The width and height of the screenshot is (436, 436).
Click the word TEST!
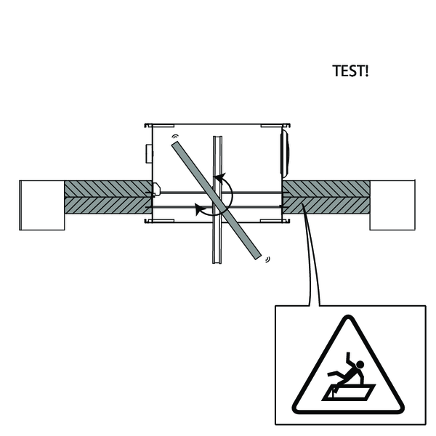(350, 70)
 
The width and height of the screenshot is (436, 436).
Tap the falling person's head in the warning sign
(360, 365)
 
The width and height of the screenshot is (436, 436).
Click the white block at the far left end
(42, 205)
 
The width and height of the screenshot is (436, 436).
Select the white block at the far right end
(392, 205)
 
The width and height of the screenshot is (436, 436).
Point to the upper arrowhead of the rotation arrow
(219, 178)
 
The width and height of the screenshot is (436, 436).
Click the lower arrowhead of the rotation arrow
(201, 209)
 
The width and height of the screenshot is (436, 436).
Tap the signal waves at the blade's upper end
(175, 137)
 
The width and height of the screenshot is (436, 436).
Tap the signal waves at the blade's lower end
(267, 259)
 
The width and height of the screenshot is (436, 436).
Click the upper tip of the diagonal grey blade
(174, 144)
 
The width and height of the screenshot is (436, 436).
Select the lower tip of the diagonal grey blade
(259, 257)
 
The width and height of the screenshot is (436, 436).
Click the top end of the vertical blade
(217, 137)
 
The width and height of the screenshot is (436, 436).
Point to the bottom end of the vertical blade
(217, 262)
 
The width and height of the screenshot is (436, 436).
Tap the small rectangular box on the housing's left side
(149, 154)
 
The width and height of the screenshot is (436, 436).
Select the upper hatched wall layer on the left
(108, 189)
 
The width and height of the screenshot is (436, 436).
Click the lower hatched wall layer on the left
(108, 206)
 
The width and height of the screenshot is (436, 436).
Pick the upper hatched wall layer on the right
(326, 189)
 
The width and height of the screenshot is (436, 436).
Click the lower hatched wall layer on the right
(326, 206)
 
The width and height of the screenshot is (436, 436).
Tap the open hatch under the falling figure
(349, 392)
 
